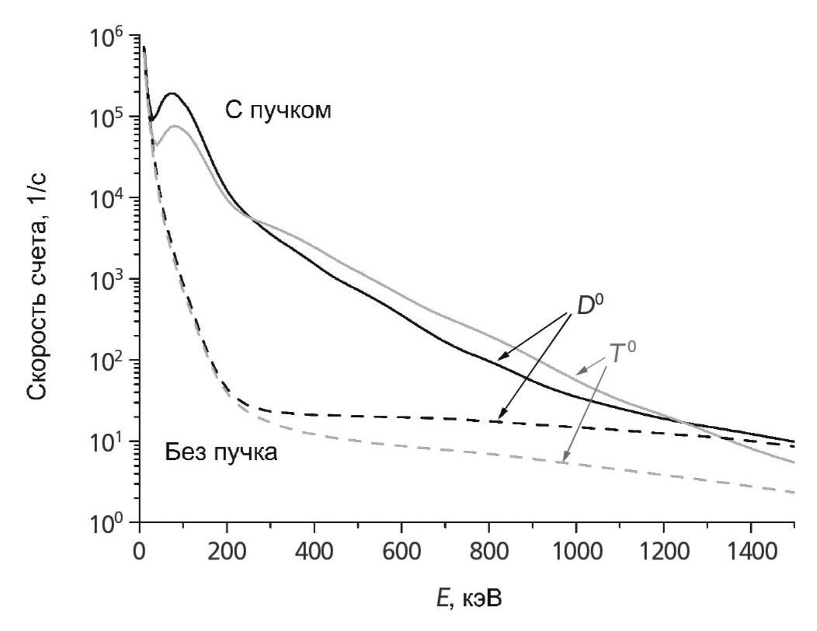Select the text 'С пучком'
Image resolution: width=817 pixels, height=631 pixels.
279,112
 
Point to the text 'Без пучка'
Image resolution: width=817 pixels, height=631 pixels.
221,452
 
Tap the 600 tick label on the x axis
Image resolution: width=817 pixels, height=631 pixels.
402,552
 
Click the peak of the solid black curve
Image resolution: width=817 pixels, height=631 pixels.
172,94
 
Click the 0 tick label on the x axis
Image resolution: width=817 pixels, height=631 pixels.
140,552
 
